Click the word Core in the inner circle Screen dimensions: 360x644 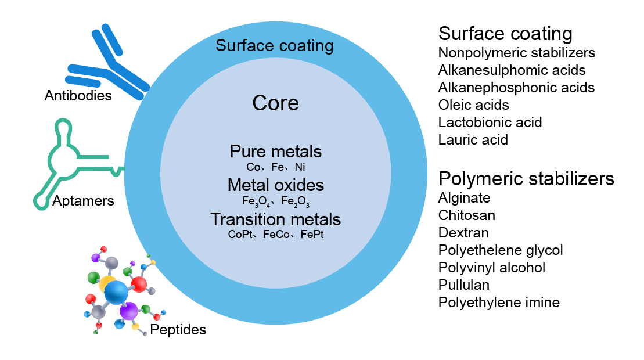click(275, 103)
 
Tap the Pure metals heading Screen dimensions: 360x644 click(275, 152)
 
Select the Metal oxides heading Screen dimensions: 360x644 click(275, 185)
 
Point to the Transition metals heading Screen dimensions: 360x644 click(275, 219)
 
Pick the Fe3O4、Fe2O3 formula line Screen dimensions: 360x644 click(275, 201)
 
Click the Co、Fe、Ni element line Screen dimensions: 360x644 click(275, 167)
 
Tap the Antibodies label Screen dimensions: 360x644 click(78, 95)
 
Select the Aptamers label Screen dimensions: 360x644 click(83, 201)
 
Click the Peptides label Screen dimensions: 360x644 click(178, 330)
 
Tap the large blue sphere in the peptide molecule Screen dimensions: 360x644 click(116, 291)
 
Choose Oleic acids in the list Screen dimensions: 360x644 click(473, 105)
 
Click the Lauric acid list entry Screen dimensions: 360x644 click(473, 140)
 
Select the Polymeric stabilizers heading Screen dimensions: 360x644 click(526, 178)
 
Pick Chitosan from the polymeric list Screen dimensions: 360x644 click(467, 215)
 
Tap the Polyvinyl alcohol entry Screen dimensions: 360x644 click(491, 268)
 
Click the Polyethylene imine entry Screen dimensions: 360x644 click(499, 303)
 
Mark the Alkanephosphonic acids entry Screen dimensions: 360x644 click(516, 88)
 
